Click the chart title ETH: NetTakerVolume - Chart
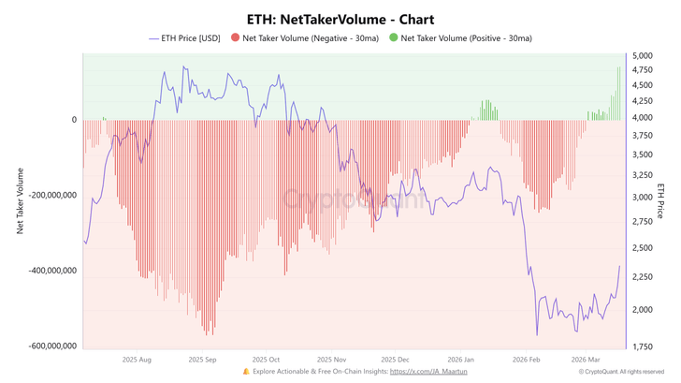[x=340, y=19]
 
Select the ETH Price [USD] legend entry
[x=186, y=38]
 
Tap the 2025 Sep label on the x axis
[x=202, y=359]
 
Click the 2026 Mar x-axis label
[x=587, y=359]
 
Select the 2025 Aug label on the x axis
[x=137, y=359]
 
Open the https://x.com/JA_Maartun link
[x=428, y=372]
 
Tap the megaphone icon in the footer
[x=246, y=372]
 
